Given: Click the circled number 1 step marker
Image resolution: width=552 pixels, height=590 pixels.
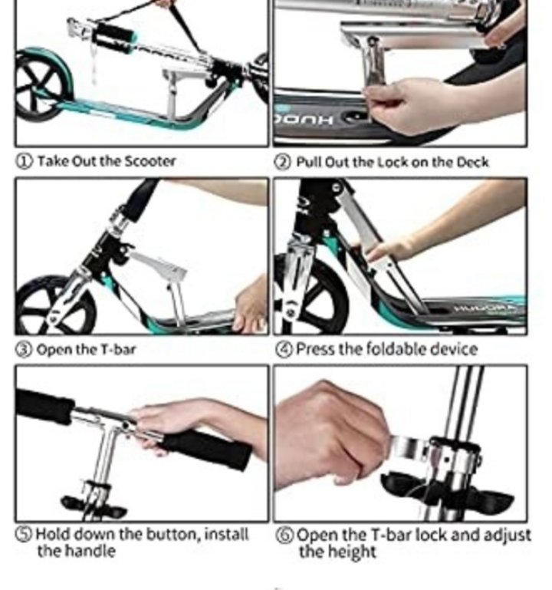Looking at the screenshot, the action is [23, 161].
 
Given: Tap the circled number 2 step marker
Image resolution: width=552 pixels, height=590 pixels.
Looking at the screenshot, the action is [283, 162].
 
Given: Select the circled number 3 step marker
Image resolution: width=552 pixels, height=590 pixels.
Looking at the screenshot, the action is [23, 350].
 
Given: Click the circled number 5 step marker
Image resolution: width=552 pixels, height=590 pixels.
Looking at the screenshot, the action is [24, 534].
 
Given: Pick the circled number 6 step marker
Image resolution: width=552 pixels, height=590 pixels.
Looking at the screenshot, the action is [284, 535].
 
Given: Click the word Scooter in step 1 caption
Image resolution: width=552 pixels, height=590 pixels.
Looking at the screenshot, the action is [149, 161].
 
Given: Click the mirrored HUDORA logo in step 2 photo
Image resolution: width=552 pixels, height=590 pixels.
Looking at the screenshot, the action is [304, 120].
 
